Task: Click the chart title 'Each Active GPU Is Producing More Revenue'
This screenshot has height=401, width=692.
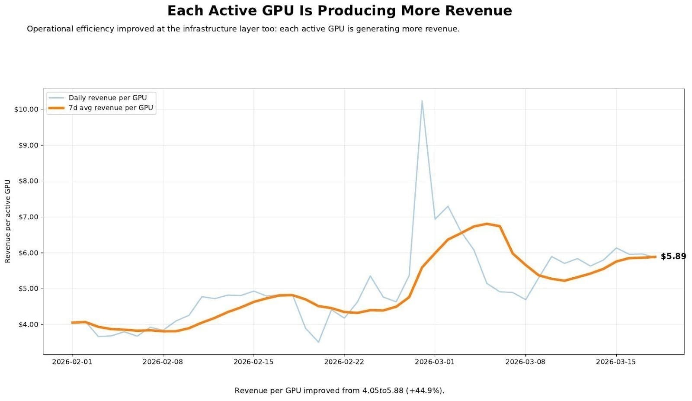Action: tap(340, 10)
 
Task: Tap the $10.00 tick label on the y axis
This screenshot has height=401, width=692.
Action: tap(26, 109)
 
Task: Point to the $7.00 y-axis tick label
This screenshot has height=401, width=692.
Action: tap(28, 217)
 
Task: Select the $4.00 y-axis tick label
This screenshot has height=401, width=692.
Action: tap(28, 324)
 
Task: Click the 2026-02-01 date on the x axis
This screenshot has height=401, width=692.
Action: tap(72, 362)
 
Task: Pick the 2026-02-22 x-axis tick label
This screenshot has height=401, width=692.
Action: tap(344, 362)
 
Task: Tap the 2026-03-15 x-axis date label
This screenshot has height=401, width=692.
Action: tap(615, 362)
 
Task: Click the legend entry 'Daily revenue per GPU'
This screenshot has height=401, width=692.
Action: tap(108, 98)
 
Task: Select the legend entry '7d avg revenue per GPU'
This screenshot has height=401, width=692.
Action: tap(111, 108)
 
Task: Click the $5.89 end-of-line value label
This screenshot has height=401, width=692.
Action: tap(673, 257)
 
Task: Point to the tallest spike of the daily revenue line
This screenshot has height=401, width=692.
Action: tap(422, 101)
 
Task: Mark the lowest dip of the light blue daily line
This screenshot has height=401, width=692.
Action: tap(318, 342)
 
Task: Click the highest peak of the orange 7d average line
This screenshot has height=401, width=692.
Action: tap(487, 224)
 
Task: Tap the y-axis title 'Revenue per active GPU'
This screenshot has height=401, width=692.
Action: tap(7, 221)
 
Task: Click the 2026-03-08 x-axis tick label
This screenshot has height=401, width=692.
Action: tap(525, 362)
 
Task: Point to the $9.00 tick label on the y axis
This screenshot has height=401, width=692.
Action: tap(28, 145)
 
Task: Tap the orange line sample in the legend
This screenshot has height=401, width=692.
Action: tap(56, 108)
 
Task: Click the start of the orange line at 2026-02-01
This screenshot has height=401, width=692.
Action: tap(72, 322)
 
